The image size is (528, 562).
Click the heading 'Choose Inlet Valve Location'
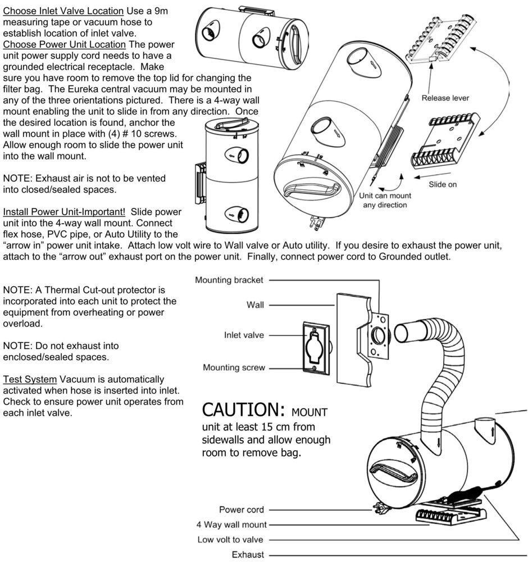pos(63,11)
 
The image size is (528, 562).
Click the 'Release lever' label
pos(445,98)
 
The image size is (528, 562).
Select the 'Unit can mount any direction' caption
pos(385,200)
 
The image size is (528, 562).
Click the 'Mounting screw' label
pos(234,368)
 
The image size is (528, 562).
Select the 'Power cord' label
pos(241,510)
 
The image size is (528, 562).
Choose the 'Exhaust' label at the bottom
pos(248,555)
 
